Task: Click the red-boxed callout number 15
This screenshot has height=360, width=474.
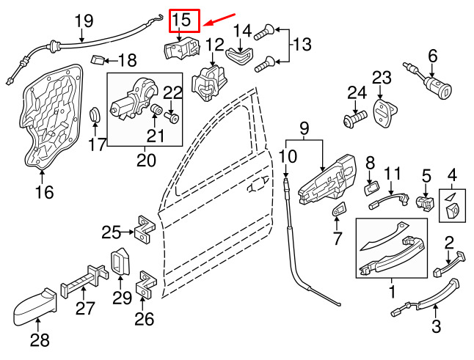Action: coord(183,20)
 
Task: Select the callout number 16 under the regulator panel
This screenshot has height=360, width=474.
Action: coord(44,193)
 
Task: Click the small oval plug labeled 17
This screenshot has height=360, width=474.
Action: coord(95,115)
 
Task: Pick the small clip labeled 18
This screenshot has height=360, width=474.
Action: coord(95,58)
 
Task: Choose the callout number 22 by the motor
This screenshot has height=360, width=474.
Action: coord(172,94)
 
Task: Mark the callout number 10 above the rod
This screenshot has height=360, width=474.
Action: coord(288,155)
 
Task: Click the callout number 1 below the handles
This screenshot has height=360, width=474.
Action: coord(392,293)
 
